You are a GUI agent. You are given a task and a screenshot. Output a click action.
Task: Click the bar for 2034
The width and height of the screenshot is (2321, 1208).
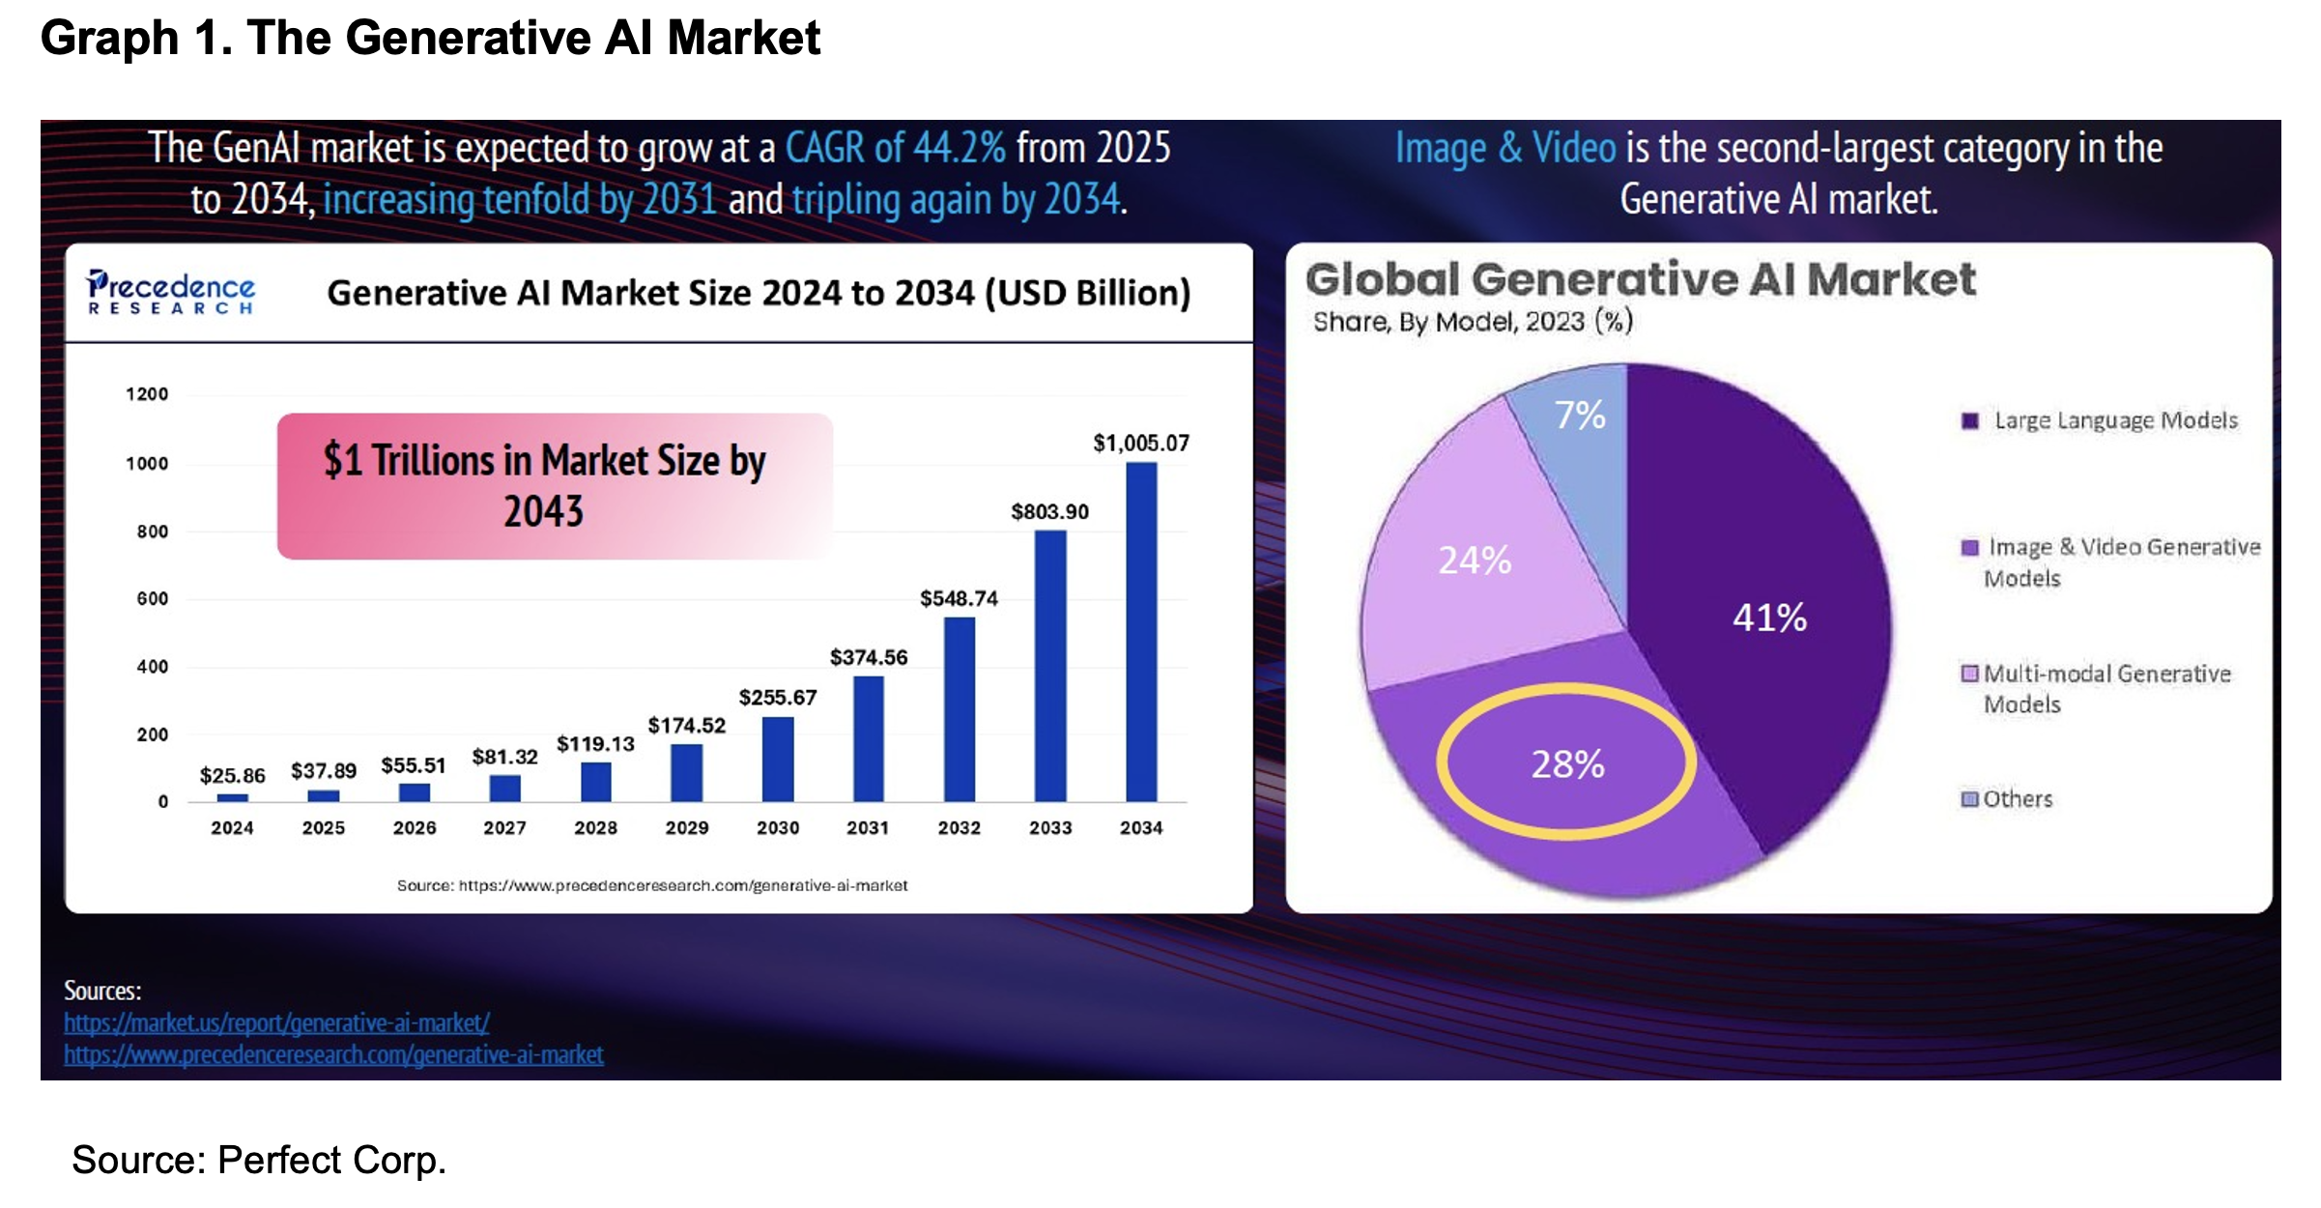click(1141, 632)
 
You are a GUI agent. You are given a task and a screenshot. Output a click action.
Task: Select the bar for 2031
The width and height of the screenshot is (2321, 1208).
click(868, 738)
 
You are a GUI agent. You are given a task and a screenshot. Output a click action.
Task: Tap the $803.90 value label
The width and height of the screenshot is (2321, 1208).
click(1049, 511)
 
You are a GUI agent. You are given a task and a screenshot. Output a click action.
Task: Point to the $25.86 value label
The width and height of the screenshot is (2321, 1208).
click(232, 775)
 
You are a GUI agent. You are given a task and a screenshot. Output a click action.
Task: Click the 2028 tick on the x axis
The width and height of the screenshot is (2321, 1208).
click(595, 828)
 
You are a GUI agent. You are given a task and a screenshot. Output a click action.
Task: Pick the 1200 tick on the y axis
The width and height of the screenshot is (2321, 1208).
click(147, 394)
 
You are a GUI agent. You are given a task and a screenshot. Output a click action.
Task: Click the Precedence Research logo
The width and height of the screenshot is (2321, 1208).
click(171, 292)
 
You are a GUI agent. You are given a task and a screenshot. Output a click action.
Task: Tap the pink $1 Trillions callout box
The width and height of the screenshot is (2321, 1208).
click(554, 485)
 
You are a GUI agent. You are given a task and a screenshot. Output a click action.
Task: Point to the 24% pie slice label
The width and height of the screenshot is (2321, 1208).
click(1475, 561)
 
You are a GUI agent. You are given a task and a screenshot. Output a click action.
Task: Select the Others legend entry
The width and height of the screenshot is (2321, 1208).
click(2016, 799)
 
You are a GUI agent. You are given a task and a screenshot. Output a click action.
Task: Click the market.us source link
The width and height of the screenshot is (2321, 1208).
click(277, 1022)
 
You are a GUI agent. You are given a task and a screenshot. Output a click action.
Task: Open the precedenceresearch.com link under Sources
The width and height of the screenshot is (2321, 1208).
click(333, 1054)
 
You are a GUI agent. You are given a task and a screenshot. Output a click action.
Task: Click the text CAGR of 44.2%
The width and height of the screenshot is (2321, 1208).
click(895, 148)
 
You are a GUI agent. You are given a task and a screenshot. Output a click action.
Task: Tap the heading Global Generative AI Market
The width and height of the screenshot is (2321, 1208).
click(1640, 280)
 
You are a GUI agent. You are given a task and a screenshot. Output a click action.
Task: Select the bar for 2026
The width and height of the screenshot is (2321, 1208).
click(414, 792)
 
